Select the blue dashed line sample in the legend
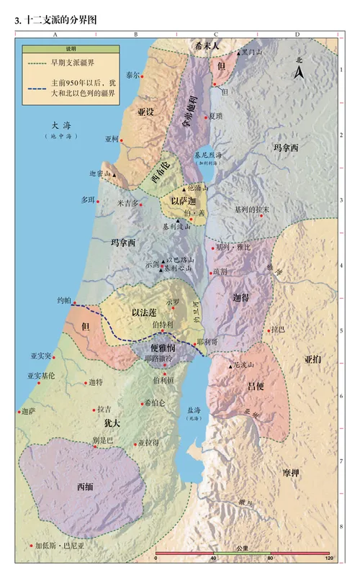pyautogui.click(x=35, y=83)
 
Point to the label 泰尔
pyautogui.click(x=132, y=75)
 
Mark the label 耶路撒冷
pyautogui.click(x=158, y=358)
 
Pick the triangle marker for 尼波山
pyautogui.click(x=230, y=366)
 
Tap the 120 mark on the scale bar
pyautogui.click(x=328, y=559)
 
